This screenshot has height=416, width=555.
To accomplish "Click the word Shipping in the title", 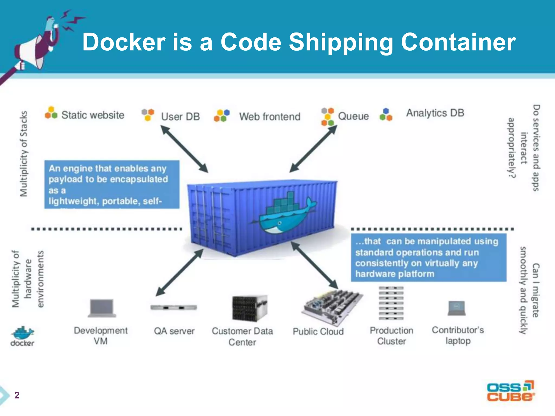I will tap(341, 43).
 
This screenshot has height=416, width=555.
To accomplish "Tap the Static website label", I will tap(92, 115).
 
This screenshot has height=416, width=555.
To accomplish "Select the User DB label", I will tap(180, 117).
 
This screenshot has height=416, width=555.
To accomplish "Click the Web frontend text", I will tap(270, 117).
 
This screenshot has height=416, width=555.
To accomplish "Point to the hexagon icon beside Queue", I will tap(327, 117).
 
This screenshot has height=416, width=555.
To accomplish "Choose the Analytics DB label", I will tap(435, 113).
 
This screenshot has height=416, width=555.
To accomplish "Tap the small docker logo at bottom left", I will tap(22, 336).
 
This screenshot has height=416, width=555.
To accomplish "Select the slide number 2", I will tap(17, 395).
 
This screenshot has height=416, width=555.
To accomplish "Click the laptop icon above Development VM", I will tap(102, 308).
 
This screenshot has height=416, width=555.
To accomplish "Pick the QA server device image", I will tap(174, 308).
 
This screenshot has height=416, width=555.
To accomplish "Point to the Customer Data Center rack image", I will tap(249, 308).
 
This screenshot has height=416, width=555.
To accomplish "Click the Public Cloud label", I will tap(318, 331).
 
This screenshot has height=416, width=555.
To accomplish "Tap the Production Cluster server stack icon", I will tap(391, 303).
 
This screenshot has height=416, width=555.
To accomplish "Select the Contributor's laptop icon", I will tap(457, 308).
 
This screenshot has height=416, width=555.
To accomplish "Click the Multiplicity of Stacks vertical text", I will tap(24, 154).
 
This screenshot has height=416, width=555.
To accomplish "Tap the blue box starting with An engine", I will tap(112, 184).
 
